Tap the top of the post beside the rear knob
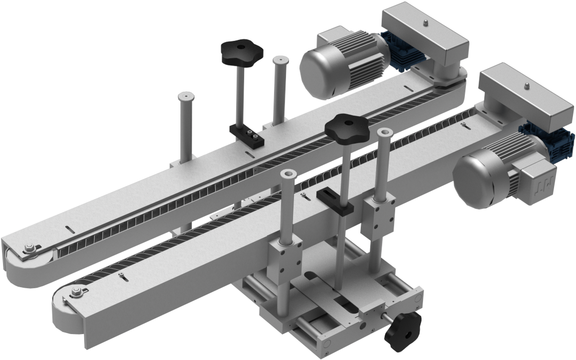click(x=279, y=61)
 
